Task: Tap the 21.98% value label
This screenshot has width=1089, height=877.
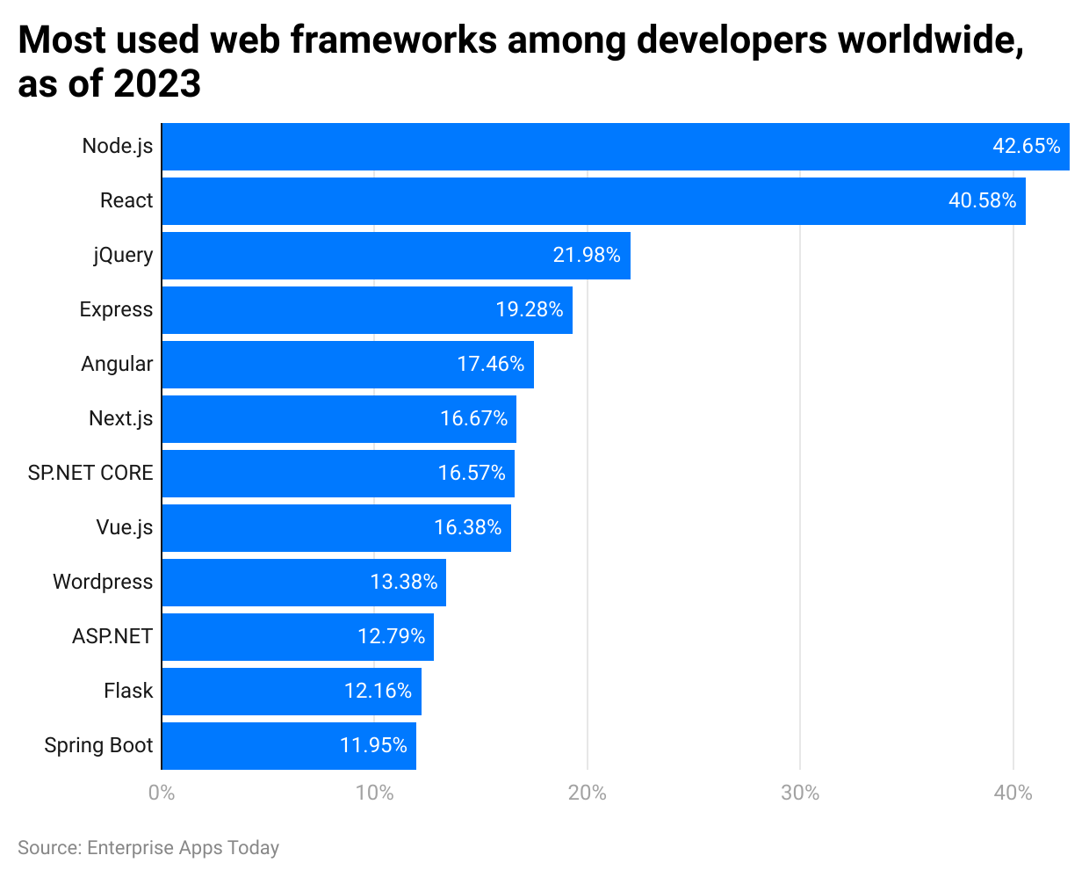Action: (586, 256)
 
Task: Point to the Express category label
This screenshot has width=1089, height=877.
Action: (116, 310)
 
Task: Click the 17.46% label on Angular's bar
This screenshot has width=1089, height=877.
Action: (490, 365)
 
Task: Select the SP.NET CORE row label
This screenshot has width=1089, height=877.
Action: (90, 474)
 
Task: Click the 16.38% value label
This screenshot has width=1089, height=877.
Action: (467, 528)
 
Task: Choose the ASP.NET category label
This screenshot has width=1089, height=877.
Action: (112, 637)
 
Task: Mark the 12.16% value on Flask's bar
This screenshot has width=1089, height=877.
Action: (378, 692)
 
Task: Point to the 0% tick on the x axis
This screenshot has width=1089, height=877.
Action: (162, 794)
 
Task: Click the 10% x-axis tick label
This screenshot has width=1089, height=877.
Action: (374, 794)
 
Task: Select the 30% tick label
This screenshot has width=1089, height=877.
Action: (800, 794)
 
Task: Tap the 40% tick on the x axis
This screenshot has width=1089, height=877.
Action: (1013, 794)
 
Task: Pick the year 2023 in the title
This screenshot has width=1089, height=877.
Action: (157, 85)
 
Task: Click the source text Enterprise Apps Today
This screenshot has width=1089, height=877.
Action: (183, 848)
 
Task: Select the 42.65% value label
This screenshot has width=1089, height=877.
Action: (1026, 147)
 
